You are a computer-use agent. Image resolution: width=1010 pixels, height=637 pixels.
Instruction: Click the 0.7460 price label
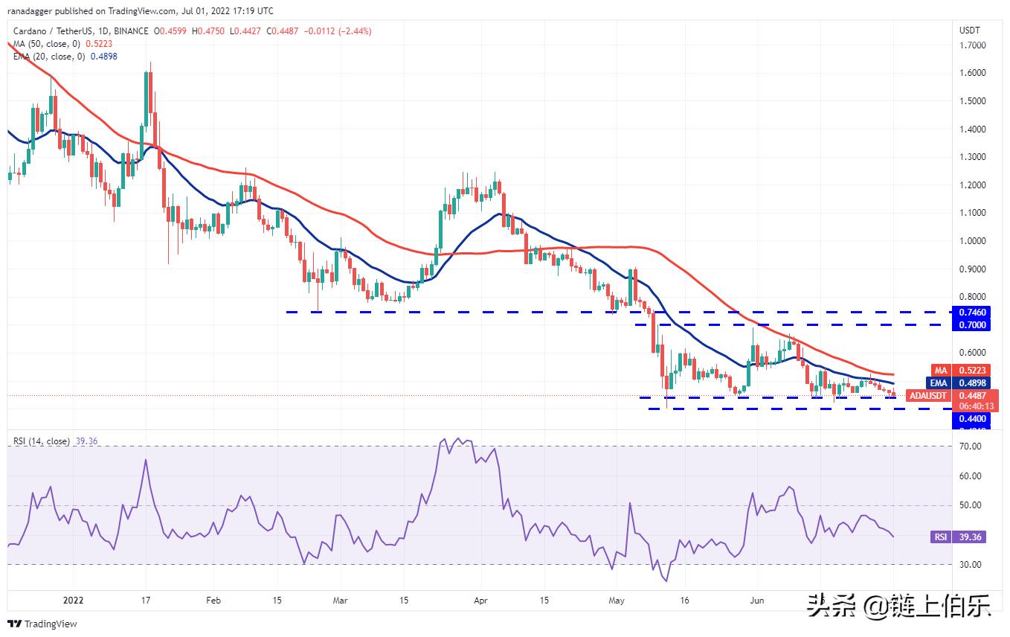972,313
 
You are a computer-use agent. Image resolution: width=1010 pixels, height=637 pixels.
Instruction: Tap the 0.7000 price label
972,325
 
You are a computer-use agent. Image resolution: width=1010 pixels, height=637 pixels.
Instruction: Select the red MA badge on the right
940,370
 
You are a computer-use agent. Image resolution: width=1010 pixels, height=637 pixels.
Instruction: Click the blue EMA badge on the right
940,382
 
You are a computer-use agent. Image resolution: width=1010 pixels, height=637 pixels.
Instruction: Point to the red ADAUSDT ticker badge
932,396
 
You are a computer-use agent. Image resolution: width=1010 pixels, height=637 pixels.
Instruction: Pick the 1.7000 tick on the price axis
972,45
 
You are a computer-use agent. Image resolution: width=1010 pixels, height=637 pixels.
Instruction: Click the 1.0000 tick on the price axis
972,241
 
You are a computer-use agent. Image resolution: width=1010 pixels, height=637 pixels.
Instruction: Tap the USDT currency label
970,31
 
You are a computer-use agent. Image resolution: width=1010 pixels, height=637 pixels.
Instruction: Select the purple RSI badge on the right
941,537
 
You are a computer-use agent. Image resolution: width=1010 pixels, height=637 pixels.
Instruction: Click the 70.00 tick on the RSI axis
970,446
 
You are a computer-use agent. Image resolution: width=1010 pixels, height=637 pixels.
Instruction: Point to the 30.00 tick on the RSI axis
970,565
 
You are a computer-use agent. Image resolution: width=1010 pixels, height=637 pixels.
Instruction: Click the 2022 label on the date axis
74,599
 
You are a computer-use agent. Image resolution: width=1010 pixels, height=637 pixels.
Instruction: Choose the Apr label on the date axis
480,599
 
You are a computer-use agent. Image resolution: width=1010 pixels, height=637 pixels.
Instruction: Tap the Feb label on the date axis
213,599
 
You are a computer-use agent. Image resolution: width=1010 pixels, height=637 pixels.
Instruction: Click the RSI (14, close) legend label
42,441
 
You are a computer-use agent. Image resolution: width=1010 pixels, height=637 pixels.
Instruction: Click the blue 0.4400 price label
972,419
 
